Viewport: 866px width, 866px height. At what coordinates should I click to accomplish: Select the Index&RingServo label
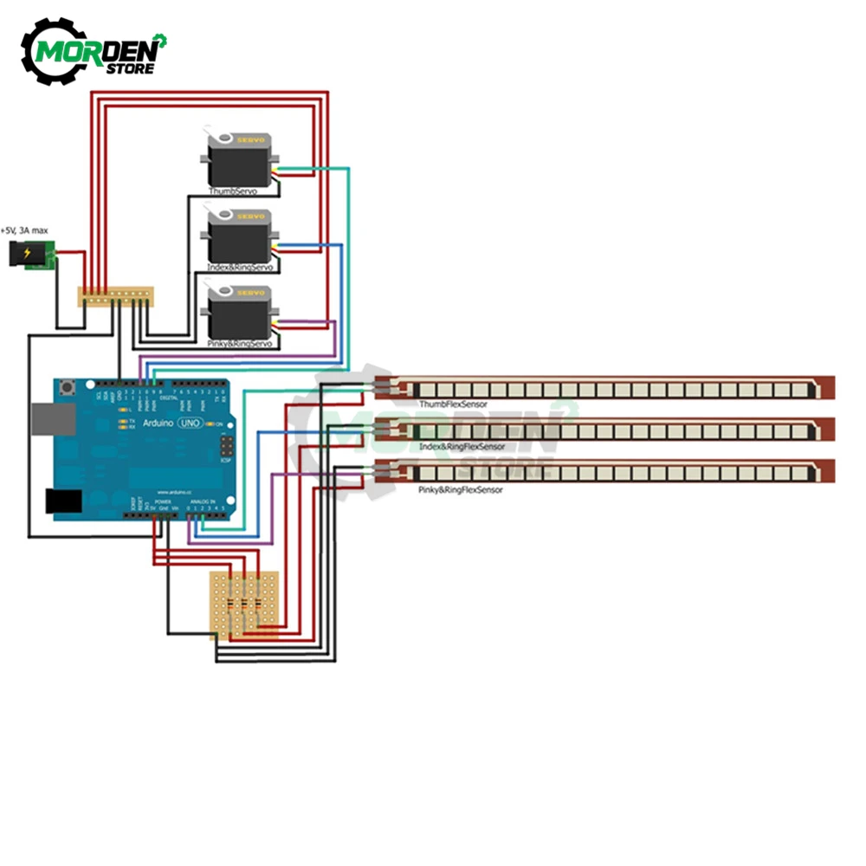(x=240, y=268)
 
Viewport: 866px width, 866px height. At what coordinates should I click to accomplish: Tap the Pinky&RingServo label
(x=240, y=344)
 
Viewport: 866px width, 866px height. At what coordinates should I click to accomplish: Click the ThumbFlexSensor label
(x=452, y=404)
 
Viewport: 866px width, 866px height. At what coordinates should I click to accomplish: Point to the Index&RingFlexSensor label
(x=462, y=446)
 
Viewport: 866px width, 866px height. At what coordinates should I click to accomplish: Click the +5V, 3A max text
(x=24, y=230)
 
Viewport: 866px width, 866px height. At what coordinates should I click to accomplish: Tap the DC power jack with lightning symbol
(x=28, y=255)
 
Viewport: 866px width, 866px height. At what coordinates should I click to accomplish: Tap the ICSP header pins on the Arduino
(x=227, y=446)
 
